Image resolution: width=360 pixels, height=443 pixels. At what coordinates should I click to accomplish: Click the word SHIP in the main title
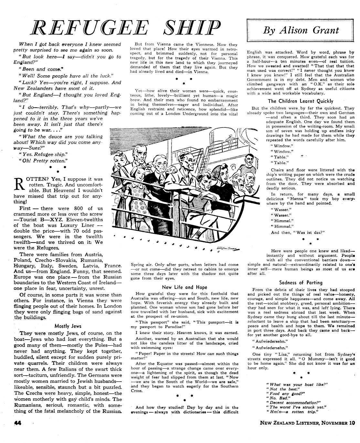[192, 28]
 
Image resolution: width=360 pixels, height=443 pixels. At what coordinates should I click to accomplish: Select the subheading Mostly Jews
[68, 326]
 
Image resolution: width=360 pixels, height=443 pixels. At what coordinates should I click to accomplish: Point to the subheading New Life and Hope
[185, 287]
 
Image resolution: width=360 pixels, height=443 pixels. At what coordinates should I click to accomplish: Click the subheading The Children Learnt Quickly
[301, 101]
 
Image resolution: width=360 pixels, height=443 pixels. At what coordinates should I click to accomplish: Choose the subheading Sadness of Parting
[301, 282]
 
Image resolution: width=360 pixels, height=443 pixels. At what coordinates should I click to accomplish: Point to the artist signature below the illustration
[230, 248]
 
